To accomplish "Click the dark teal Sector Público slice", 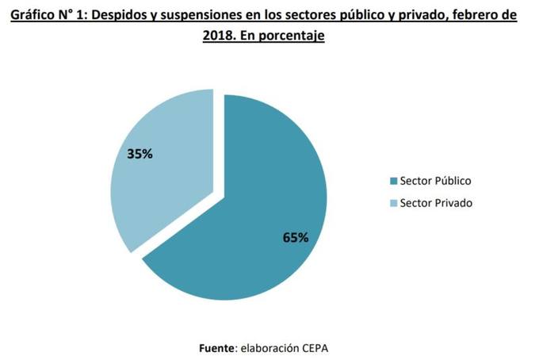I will click(254, 222).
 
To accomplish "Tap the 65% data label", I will click(295, 237).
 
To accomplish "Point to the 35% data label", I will click(140, 155).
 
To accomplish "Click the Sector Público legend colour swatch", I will click(393, 181).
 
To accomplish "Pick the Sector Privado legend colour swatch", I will click(393, 203).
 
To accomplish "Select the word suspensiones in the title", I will click(187, 15).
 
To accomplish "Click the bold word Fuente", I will click(216, 347).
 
